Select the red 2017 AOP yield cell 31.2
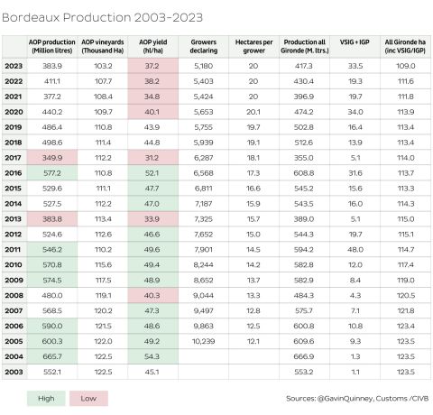pyautogui.click(x=150, y=157)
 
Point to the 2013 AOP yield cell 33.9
pyautogui.click(x=150, y=217)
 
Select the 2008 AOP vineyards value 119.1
pyautogui.click(x=103, y=293)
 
